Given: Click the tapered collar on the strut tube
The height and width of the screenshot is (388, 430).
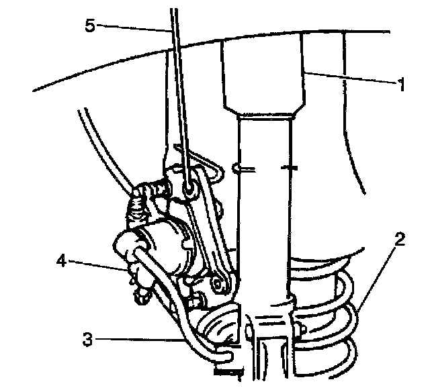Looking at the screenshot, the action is [263, 111].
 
